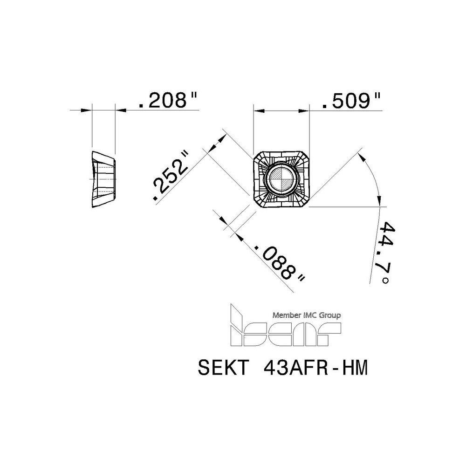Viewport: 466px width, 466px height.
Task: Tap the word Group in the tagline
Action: [329, 315]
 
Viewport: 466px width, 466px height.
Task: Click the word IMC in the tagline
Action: [310, 315]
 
